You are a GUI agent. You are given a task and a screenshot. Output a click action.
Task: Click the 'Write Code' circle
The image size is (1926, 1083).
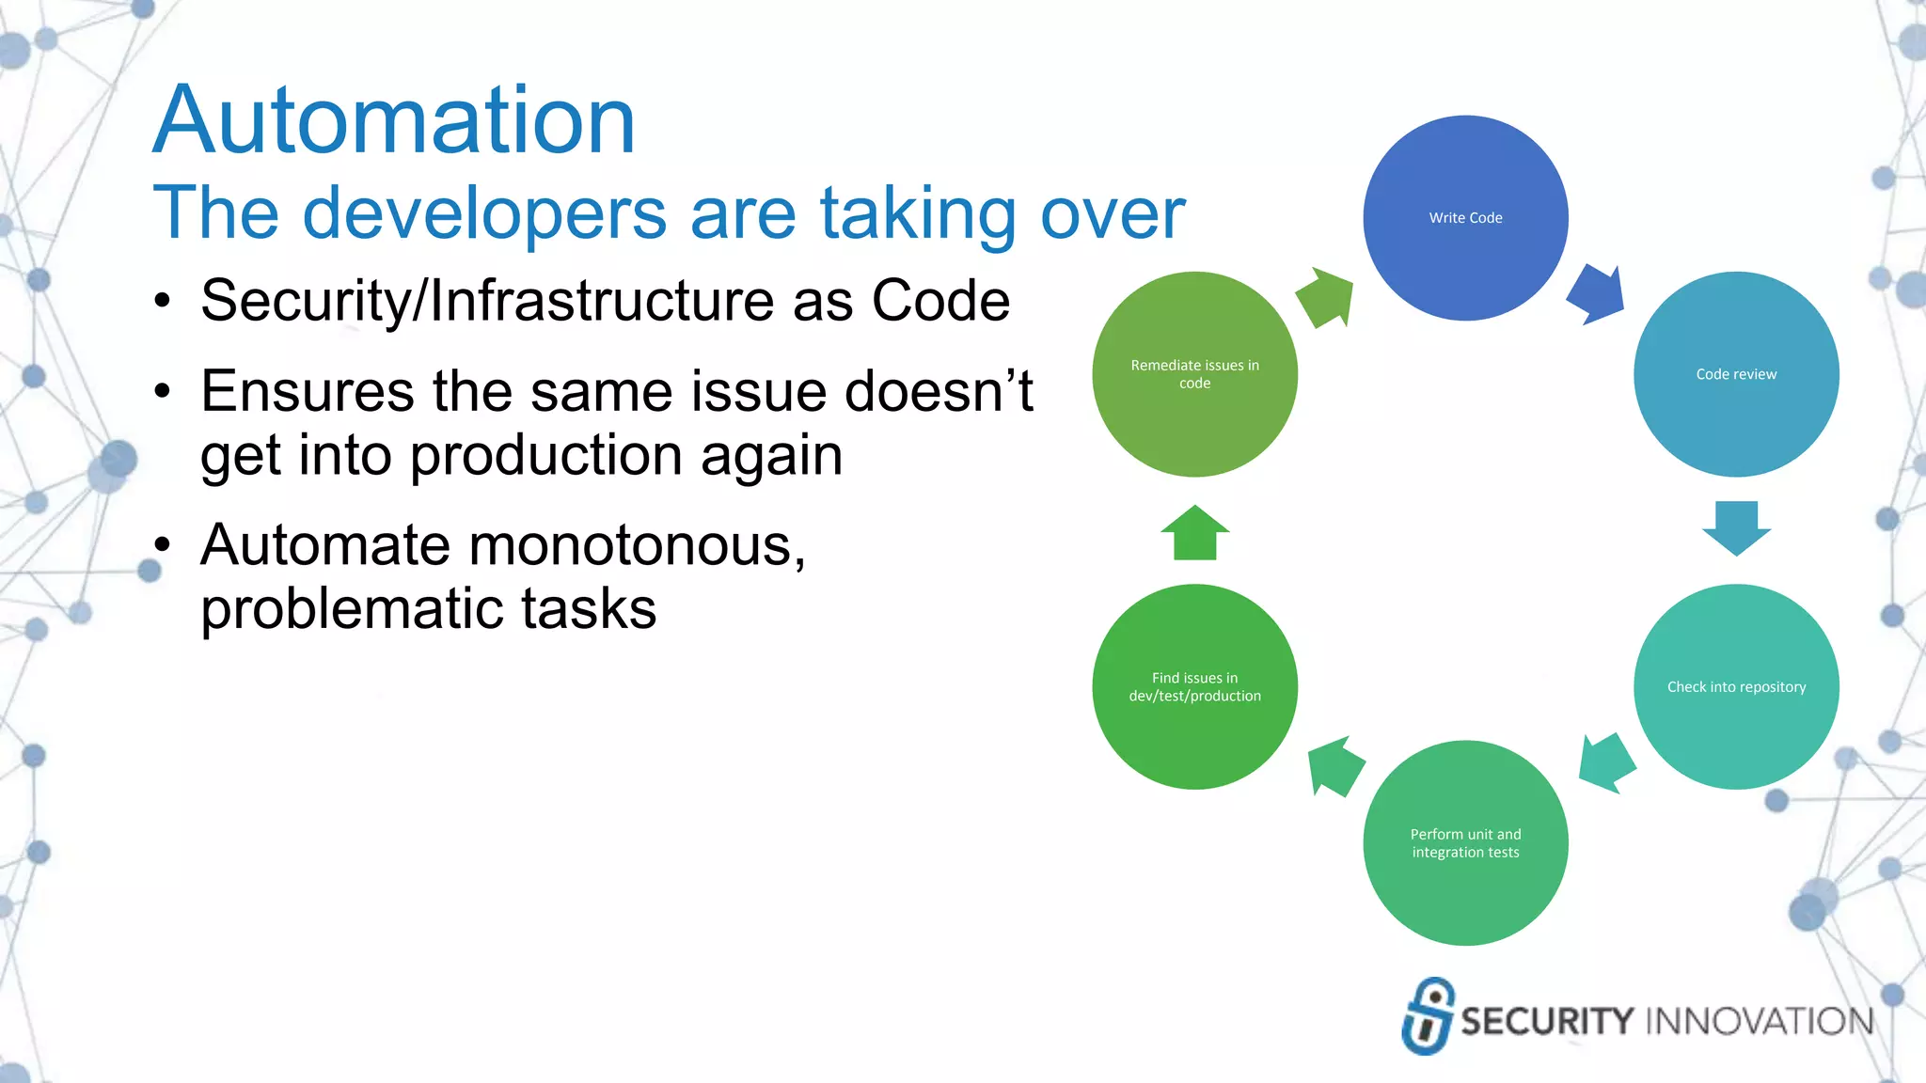coord(1465,218)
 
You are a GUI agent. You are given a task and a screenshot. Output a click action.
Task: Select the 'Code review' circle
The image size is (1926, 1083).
coord(1736,374)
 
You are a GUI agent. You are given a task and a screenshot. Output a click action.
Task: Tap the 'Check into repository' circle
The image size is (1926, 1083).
coord(1736,687)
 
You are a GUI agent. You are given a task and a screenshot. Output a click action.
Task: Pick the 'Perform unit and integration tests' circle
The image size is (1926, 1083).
coord(1465,843)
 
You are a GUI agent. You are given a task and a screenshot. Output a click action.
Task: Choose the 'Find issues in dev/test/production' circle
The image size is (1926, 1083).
coord(1194,687)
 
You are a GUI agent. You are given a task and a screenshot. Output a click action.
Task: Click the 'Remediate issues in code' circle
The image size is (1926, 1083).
coord(1194,374)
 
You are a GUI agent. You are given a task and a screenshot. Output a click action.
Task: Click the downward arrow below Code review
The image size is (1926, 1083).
coord(1736,526)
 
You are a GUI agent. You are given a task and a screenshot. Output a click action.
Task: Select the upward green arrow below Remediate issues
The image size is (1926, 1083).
coord(1194,533)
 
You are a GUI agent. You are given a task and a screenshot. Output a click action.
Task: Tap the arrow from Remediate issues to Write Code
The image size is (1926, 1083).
coord(1327,297)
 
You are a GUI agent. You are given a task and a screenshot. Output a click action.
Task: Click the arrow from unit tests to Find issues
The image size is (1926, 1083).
coord(1334,766)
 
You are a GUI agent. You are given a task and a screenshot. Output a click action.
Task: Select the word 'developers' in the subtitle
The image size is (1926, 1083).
coord(484,214)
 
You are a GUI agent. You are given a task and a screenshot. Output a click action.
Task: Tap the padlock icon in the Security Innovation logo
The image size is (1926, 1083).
coord(1427,1016)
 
